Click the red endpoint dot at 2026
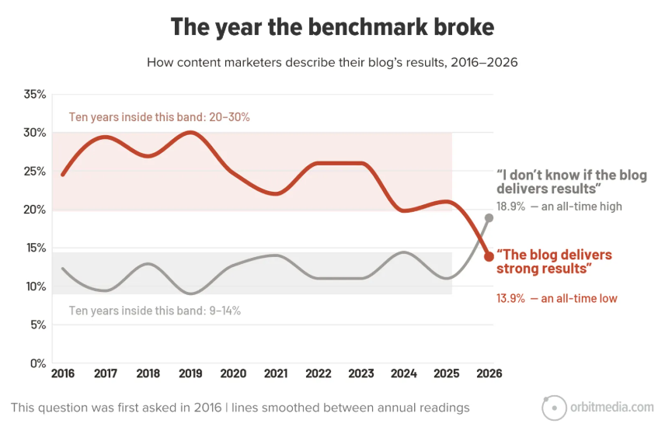[489, 257]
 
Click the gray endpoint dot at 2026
[489, 218]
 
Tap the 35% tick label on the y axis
[35, 94]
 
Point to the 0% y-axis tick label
[38, 363]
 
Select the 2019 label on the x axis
[190, 373]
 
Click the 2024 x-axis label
[404, 373]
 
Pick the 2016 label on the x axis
[63, 373]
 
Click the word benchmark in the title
[367, 26]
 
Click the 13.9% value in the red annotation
[510, 298]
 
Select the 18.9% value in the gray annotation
[510, 207]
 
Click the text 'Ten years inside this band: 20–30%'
[159, 117]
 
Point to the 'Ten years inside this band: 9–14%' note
[155, 311]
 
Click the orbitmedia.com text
[612, 407]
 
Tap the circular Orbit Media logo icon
[554, 408]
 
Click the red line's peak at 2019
[190, 133]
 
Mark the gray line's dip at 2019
[190, 293]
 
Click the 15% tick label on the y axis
[35, 248]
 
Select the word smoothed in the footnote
[281, 408]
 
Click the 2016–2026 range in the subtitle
[484, 63]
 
